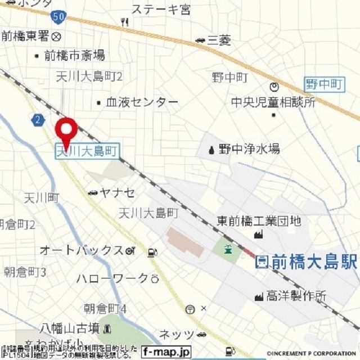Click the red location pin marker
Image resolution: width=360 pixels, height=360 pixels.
pyautogui.click(x=66, y=130)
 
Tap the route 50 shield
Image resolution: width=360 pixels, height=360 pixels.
pyautogui.click(x=57, y=17)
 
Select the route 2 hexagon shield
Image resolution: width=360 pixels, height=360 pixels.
pyautogui.click(x=38, y=119)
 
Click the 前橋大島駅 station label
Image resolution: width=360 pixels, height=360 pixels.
pyautogui.click(x=307, y=262)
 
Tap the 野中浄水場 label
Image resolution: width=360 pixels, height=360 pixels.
pyautogui.click(x=249, y=149)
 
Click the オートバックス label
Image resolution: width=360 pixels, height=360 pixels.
pyautogui.click(x=81, y=250)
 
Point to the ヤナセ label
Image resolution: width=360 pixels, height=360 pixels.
pyautogui.click(x=117, y=193)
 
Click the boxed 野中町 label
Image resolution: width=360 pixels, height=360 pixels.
pyautogui.click(x=324, y=85)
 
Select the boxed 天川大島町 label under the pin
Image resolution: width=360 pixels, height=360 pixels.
pyautogui.click(x=87, y=150)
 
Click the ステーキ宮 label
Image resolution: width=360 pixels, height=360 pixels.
pyautogui.click(x=160, y=9)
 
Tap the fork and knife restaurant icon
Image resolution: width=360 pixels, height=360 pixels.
pyautogui.click(x=124, y=22)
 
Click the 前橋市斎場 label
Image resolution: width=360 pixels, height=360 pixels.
pyautogui.click(x=74, y=55)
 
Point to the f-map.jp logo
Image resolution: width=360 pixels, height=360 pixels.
pyautogui.click(x=166, y=352)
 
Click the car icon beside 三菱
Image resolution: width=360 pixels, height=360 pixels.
pyautogui.click(x=200, y=39)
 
